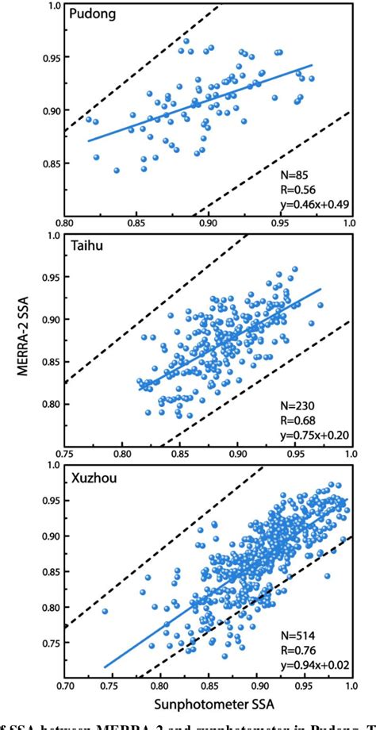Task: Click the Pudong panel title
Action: pos(92,15)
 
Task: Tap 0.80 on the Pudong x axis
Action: pos(65,224)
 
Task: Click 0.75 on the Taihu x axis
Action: pos(65,455)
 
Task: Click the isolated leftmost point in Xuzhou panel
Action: pos(105,611)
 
